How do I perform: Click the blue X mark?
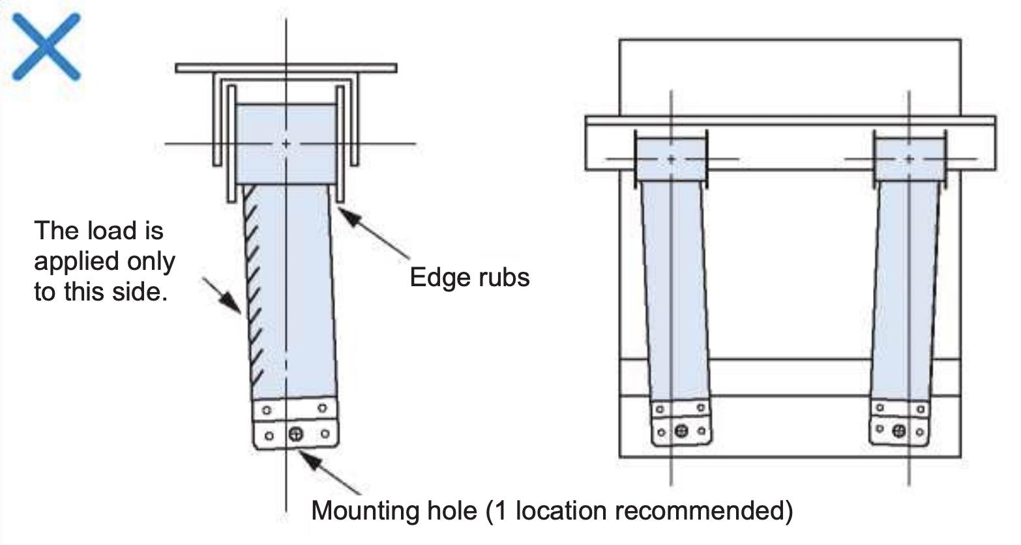[46, 47]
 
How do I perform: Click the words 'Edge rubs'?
[469, 277]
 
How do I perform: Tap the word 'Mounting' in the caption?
[394, 510]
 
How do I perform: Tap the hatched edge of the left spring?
[253, 287]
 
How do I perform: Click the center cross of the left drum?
[286, 143]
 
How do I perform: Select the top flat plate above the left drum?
[286, 68]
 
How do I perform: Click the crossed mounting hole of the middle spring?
[681, 431]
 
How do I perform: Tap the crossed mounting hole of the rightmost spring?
[899, 430]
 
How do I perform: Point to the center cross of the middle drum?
[672, 158]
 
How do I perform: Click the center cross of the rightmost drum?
[910, 158]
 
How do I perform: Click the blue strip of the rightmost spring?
[906, 287]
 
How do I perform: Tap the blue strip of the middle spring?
[675, 287]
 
